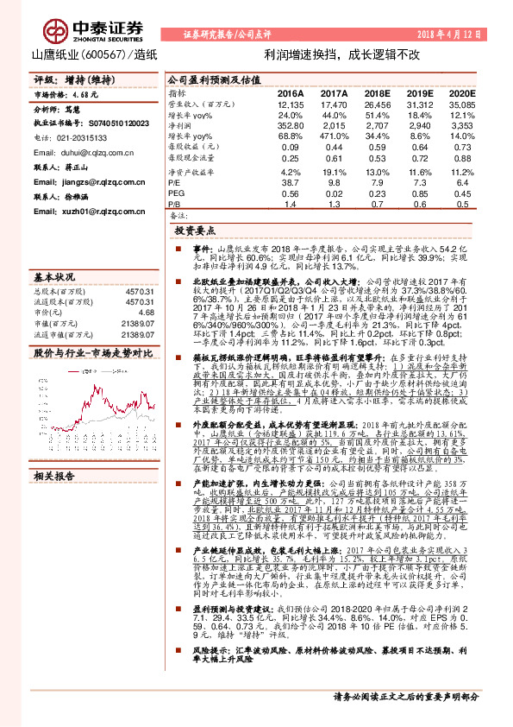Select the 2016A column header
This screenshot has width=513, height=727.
click(x=291, y=92)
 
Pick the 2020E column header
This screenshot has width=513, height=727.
click(x=462, y=92)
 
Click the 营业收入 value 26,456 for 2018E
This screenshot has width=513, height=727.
click(x=377, y=104)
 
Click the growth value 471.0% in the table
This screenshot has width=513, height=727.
click(x=334, y=136)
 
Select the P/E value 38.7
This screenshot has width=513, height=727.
click(x=291, y=183)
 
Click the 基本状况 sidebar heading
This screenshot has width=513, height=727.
click(x=53, y=278)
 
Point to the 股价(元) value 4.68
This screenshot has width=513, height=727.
click(x=145, y=313)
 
